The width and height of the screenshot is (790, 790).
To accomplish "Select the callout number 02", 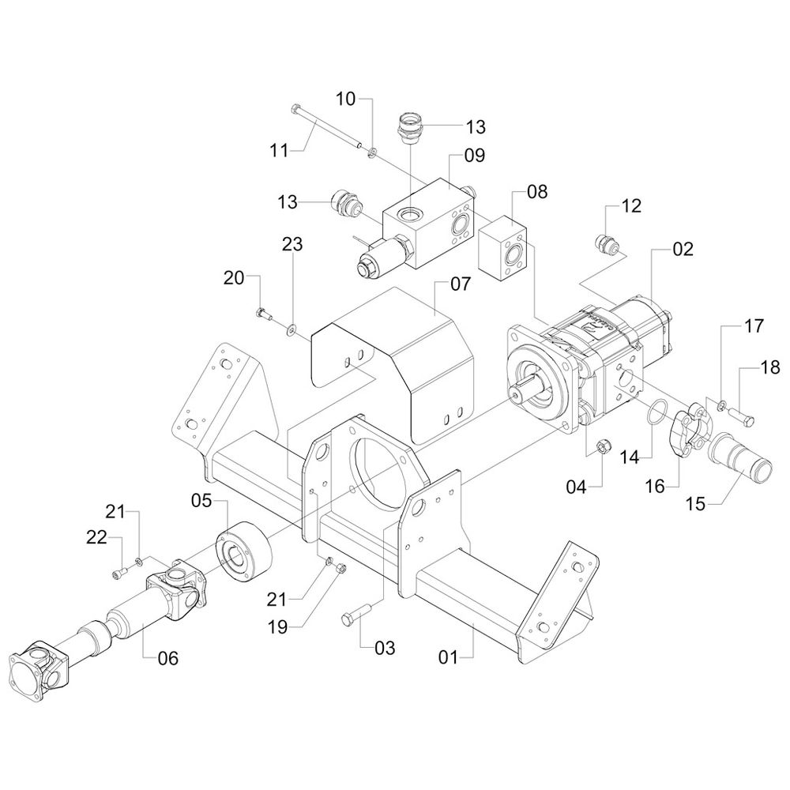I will coord(683,250).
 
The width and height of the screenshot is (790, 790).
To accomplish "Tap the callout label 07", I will coord(461,283).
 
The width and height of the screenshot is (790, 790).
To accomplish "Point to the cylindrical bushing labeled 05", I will coord(240,551).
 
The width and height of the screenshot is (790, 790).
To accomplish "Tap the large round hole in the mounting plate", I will coord(382,468).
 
